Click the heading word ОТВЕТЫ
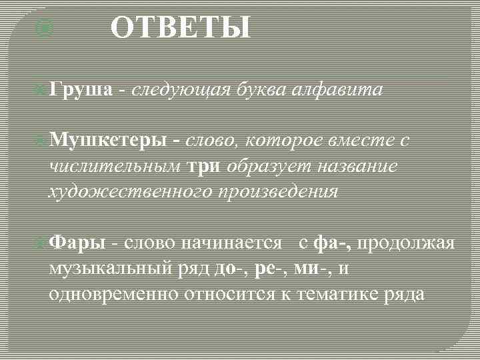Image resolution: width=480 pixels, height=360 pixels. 181,29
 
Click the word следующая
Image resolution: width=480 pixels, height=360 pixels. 179,90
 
